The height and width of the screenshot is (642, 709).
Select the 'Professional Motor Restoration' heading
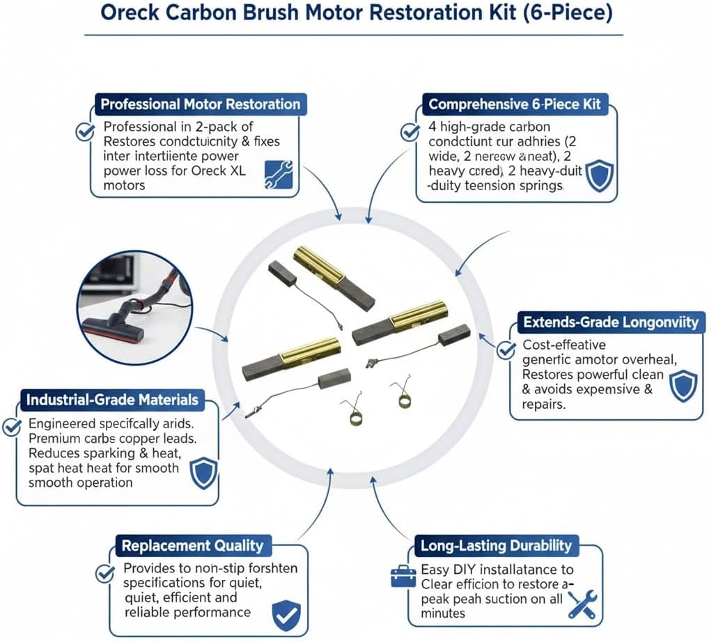click(x=201, y=104)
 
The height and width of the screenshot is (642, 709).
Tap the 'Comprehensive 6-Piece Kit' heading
click(x=514, y=104)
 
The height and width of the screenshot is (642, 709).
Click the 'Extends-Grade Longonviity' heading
click(x=609, y=322)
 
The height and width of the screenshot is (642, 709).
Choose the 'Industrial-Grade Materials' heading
click(x=112, y=400)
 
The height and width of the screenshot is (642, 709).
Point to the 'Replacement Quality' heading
click(x=193, y=545)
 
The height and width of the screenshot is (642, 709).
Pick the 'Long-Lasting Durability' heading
click(x=495, y=545)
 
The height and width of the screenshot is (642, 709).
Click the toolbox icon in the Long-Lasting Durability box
click(x=403, y=577)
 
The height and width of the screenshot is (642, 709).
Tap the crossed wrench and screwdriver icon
click(x=583, y=604)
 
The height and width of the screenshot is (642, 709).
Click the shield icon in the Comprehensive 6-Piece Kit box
click(x=598, y=175)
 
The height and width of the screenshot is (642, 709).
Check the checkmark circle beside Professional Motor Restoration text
click(x=85, y=132)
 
